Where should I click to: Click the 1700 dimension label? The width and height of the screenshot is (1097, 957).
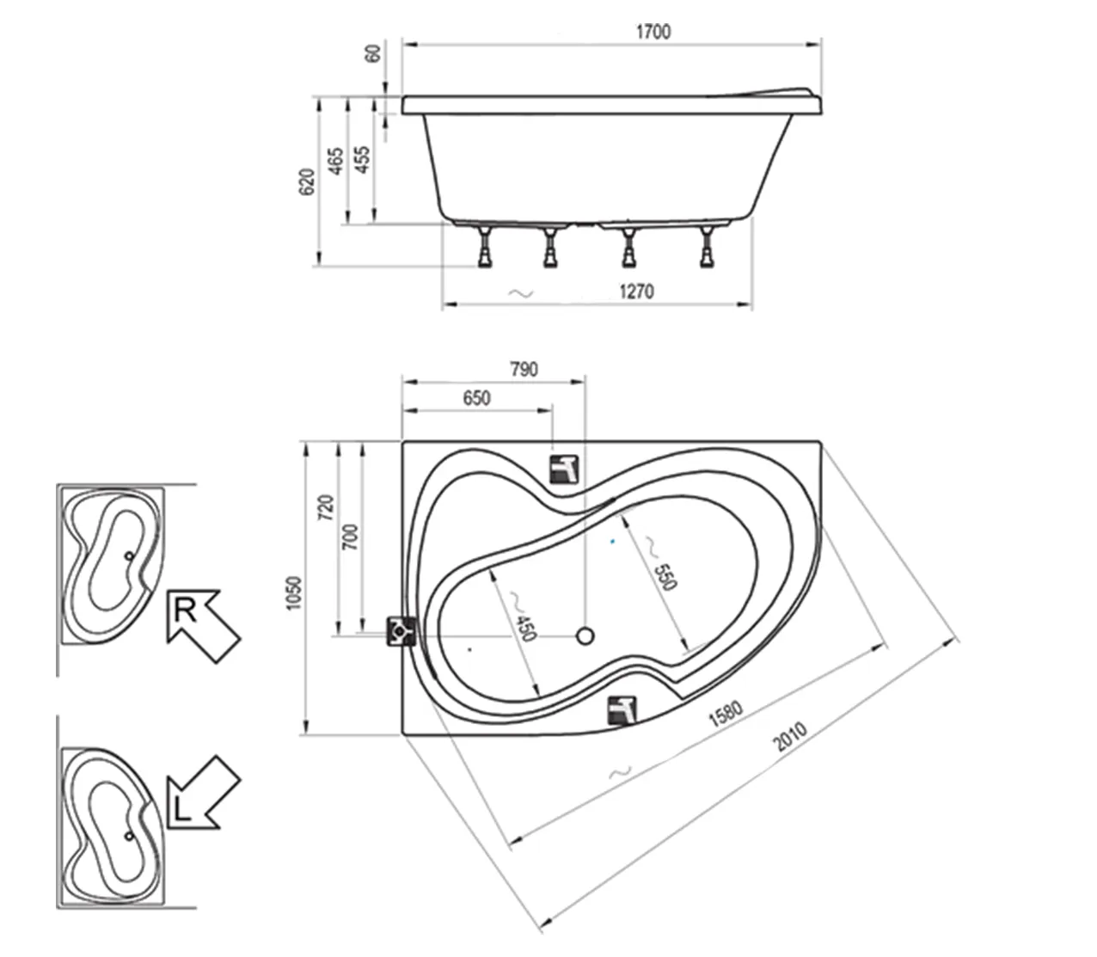pos(653,32)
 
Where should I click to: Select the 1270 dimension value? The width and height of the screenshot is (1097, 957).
pos(636,291)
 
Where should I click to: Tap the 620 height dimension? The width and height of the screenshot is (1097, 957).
pos(307,181)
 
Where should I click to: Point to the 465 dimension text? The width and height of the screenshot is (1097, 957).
pos(335,161)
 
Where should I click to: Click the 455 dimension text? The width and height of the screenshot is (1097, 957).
pos(363,160)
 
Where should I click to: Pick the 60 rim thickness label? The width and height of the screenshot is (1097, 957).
pos(373,53)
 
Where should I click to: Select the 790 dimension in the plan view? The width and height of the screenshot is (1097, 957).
pos(524,370)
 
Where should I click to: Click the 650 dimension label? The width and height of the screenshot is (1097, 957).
pos(476,398)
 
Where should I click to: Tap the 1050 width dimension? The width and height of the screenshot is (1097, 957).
pos(294,593)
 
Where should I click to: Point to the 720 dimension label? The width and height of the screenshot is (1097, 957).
pos(326,507)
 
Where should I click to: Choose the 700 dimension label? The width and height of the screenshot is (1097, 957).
pos(350,537)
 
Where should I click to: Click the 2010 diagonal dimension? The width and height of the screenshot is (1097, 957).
pos(789,737)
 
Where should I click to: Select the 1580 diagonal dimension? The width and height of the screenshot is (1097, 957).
pos(726,715)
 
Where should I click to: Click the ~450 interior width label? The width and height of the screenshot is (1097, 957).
pos(521,617)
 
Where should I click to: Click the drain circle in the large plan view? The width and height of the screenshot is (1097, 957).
pos(585,636)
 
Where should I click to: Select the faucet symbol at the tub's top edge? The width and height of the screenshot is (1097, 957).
pos(565,469)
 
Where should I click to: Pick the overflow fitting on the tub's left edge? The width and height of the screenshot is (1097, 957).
pos(401,632)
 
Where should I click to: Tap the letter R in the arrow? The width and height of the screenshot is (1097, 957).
pos(186,610)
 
